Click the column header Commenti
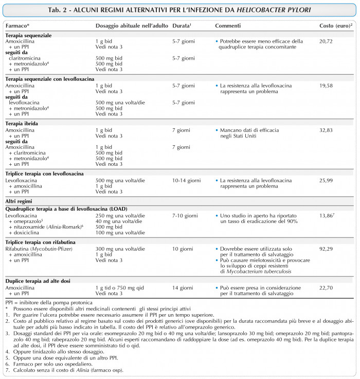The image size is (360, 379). (227, 25)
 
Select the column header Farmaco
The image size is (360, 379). (16, 25)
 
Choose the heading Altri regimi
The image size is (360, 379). (20, 199)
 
